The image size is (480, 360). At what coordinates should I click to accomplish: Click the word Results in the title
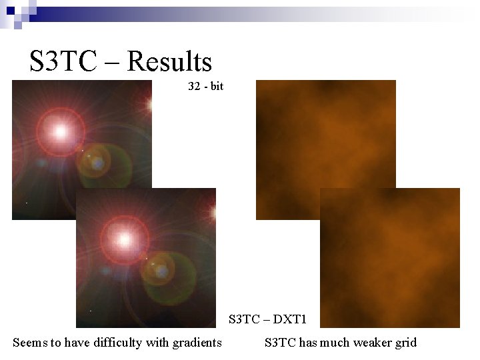point(169,61)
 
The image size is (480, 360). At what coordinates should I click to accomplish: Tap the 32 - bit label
point(206,87)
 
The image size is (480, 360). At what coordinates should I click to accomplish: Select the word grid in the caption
point(405,343)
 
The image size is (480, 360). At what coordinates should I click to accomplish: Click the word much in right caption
point(333,343)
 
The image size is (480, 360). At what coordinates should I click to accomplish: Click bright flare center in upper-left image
point(60,131)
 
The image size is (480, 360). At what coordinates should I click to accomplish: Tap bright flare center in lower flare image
point(124,239)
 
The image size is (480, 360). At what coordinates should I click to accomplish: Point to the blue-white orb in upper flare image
point(97,162)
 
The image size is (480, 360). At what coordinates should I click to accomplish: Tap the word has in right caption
point(308,343)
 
